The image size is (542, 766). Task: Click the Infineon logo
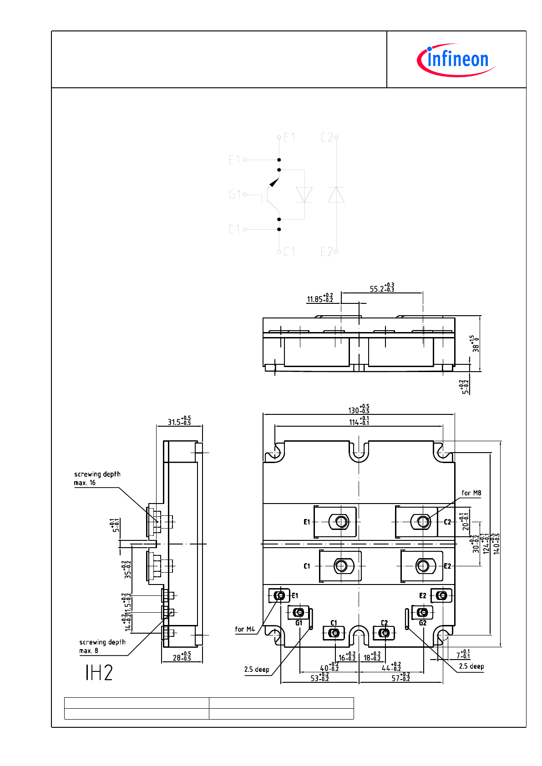[x=456, y=60]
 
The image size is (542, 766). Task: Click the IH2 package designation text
[x=99, y=672]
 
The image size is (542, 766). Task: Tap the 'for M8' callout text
[x=471, y=493]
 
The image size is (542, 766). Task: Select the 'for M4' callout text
[x=245, y=630]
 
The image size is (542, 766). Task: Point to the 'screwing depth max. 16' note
[x=97, y=478]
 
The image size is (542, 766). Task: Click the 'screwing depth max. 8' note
[x=102, y=646]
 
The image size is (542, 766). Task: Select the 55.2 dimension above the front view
[x=382, y=288]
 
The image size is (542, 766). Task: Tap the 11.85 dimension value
[x=319, y=298]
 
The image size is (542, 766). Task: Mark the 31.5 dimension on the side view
[x=179, y=421]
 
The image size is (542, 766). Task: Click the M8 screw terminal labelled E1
[x=341, y=522]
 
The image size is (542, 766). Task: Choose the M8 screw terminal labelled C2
[x=423, y=521]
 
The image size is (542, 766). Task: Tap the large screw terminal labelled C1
[x=341, y=566]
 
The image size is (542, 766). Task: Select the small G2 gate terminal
[x=423, y=612]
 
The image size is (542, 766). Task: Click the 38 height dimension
[x=475, y=344]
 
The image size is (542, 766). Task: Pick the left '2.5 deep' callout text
[x=257, y=670]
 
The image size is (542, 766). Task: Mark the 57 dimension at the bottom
[x=400, y=678]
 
